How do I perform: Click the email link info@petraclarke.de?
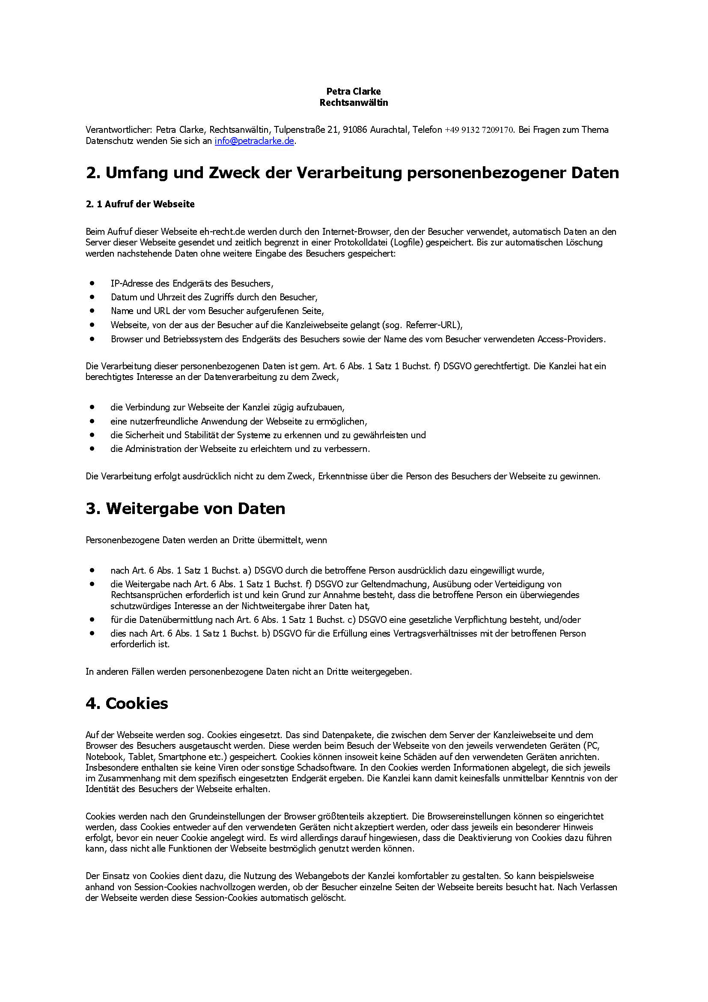point(254,141)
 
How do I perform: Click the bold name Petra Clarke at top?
point(354,91)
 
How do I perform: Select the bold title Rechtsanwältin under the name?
point(354,102)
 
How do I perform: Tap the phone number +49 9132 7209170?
point(479,130)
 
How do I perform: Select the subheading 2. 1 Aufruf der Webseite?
point(140,204)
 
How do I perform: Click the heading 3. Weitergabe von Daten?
point(185,508)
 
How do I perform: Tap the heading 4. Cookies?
point(126,703)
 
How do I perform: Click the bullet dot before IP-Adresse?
point(92,283)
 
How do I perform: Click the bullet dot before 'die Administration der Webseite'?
point(92,448)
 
